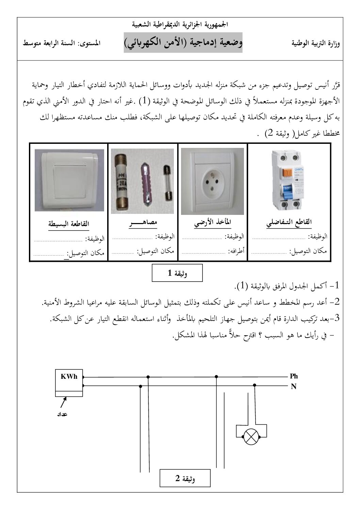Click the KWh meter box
69,383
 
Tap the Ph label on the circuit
294,376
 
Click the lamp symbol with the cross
251,435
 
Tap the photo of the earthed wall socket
212,181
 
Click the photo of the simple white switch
69,181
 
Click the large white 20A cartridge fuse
122,182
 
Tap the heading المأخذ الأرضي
212,223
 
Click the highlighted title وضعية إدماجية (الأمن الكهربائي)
183,43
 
